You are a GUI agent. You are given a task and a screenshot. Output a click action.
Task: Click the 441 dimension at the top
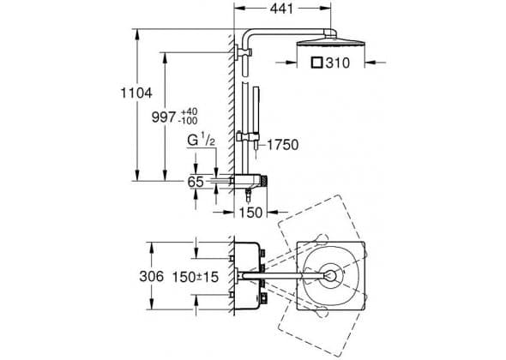click(x=281, y=9)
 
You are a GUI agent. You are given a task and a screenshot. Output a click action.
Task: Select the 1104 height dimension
click(x=136, y=93)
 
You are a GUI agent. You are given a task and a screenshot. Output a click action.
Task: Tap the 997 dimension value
click(x=164, y=117)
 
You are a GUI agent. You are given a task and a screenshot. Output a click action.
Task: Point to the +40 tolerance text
click(x=189, y=111)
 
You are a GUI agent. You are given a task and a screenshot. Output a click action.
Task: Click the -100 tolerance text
click(x=188, y=121)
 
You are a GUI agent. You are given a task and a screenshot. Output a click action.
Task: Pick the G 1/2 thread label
click(x=201, y=141)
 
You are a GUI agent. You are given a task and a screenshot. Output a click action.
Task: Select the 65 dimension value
click(x=196, y=182)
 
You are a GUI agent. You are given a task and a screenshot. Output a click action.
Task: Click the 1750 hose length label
click(x=283, y=145)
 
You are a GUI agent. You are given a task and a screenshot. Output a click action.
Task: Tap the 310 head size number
click(x=338, y=63)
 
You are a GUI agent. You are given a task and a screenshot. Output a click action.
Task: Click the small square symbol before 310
click(x=316, y=63)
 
